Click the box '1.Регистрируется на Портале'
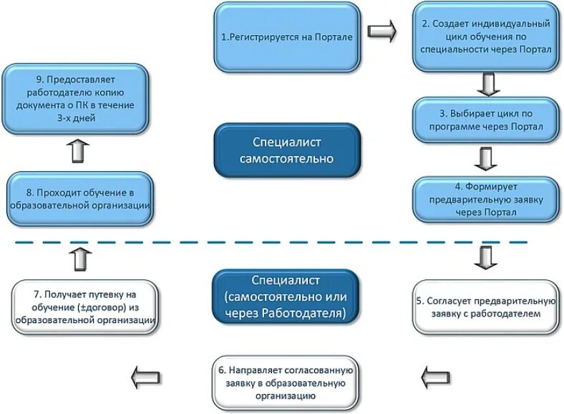pyautogui.click(x=286, y=37)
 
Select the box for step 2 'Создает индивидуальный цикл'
pyautogui.click(x=486, y=37)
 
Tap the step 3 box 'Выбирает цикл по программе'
pyautogui.click(x=486, y=120)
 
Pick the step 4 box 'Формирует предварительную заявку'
pyautogui.click(x=486, y=198)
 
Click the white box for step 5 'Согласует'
pyautogui.click(x=486, y=307)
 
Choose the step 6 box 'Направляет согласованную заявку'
pyautogui.click(x=284, y=381)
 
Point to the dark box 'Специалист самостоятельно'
pyautogui.click(x=288, y=150)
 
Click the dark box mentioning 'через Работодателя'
pyautogui.click(x=284, y=296)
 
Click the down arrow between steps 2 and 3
pyautogui.click(x=488, y=84)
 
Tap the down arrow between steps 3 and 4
pyautogui.click(x=487, y=159)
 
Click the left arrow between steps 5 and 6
pyautogui.click(x=435, y=375)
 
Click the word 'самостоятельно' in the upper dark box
pyautogui.click(x=288, y=159)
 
